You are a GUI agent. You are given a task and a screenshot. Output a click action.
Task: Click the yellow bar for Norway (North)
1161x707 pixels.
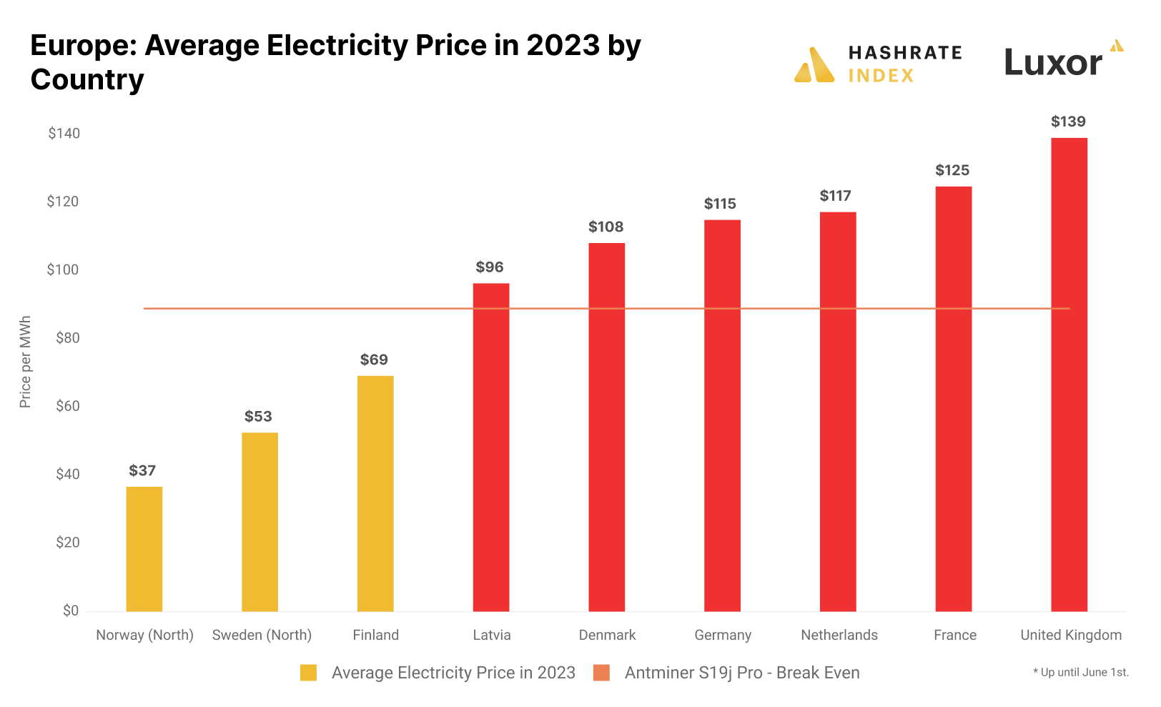click(x=144, y=548)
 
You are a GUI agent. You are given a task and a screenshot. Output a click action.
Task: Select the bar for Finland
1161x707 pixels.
click(x=375, y=493)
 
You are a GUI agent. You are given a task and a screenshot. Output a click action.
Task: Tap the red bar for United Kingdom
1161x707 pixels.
click(x=1069, y=374)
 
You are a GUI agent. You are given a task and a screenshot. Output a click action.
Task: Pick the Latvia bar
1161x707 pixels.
click(x=491, y=447)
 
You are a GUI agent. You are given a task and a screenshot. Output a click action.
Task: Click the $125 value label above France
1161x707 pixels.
click(x=952, y=170)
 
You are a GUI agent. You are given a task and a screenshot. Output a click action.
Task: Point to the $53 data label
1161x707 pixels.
click(x=258, y=416)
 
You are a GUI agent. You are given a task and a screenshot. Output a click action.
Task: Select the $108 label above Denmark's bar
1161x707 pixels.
click(x=606, y=227)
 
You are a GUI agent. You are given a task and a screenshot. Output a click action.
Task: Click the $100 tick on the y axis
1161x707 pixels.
click(x=63, y=270)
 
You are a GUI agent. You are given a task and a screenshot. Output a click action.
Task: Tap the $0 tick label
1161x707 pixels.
click(x=70, y=610)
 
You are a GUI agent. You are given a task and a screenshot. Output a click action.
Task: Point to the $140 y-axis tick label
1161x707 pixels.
click(x=64, y=133)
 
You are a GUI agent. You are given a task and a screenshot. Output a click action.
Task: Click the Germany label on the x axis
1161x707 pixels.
click(x=723, y=635)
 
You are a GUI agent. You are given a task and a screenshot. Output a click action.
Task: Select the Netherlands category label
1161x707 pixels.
click(x=839, y=635)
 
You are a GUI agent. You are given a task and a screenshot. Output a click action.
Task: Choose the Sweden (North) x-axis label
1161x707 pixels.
click(x=262, y=635)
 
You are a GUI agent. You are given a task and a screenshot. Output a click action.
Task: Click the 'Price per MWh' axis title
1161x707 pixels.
click(x=26, y=362)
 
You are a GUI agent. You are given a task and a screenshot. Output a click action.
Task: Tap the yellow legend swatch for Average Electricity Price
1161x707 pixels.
click(x=308, y=673)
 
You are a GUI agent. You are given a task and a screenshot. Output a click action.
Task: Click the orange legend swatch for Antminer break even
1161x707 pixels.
click(x=601, y=673)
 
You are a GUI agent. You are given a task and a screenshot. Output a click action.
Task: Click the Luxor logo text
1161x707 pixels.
click(x=1052, y=63)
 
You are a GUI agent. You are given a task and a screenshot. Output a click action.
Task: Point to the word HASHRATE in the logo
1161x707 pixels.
click(x=905, y=53)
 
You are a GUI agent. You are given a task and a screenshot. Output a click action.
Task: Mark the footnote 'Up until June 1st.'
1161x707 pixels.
click(x=1081, y=672)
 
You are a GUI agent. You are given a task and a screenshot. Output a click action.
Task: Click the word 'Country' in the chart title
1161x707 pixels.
click(x=87, y=79)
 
